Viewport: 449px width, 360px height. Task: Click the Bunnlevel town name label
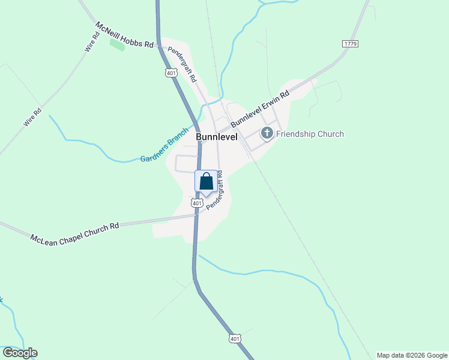(x=217, y=137)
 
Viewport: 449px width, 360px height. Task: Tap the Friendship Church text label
(x=310, y=134)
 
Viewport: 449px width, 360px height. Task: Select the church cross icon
(x=267, y=133)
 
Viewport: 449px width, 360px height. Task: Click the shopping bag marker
(x=206, y=181)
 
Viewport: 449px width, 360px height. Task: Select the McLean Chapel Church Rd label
(x=74, y=230)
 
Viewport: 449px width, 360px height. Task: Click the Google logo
(x=19, y=353)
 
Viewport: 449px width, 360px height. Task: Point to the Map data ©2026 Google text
(x=412, y=355)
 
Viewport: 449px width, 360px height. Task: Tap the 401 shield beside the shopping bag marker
(x=197, y=203)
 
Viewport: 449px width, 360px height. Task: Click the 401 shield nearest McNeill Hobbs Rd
(x=172, y=73)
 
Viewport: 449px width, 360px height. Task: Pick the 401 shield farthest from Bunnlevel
(x=235, y=339)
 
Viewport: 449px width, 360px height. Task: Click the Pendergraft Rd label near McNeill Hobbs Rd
(x=182, y=64)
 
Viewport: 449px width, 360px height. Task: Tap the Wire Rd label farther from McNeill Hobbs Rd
(x=32, y=116)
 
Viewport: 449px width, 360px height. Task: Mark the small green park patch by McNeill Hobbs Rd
(x=118, y=44)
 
